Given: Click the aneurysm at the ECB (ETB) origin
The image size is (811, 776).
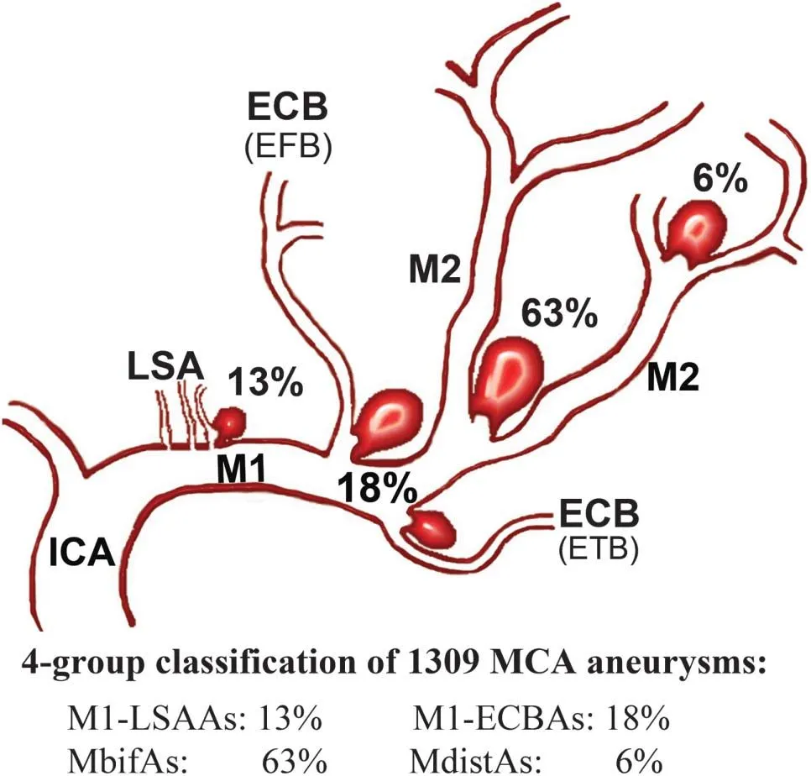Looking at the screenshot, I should pyautogui.click(x=431, y=527).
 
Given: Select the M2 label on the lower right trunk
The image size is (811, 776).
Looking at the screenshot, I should pyautogui.click(x=672, y=380).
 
